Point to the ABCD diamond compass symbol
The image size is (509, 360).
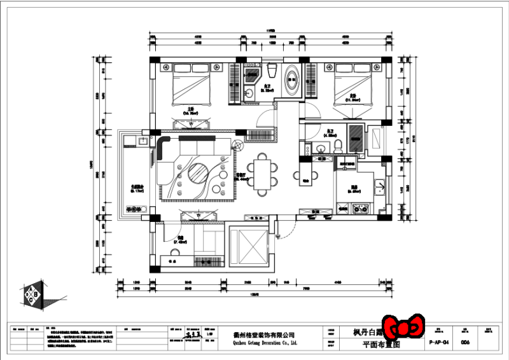(x=31, y=296)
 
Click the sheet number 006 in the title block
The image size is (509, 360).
(x=465, y=342)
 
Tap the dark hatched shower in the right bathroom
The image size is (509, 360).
(x=357, y=136)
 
